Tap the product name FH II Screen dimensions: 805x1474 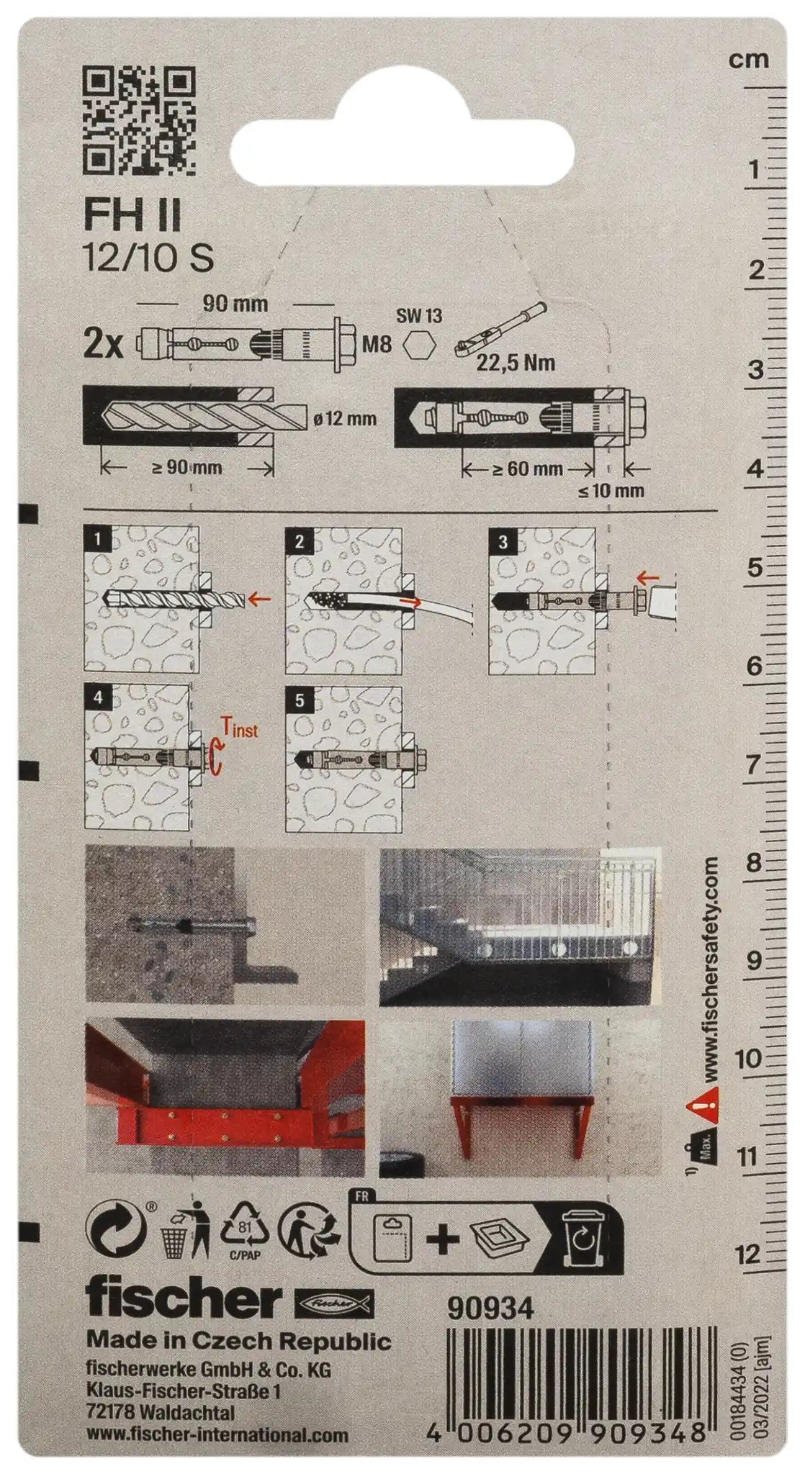pos(132,216)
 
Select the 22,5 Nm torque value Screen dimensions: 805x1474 pos(516,361)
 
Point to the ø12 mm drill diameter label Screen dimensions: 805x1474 pos(345,418)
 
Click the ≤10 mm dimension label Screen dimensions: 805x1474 pos(611,492)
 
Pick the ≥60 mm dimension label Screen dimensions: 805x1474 pos(527,469)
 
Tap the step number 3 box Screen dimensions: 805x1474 pos(503,541)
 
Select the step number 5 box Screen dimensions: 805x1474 pos(300,700)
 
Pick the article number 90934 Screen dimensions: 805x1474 pos(491,1309)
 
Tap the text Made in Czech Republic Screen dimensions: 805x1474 pos(238,1341)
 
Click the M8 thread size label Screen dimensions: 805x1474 pos(377,345)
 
